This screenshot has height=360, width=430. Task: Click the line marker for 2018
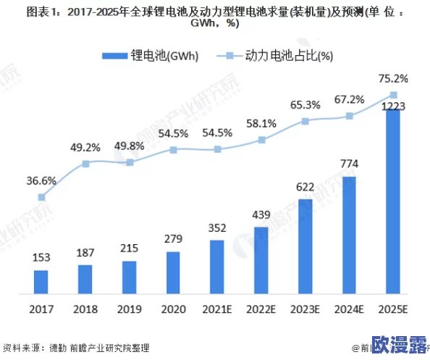[x=85, y=164]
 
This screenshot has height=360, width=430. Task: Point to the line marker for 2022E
[x=261, y=141]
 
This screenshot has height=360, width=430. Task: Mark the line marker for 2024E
[x=349, y=116]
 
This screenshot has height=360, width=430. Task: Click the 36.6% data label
[x=41, y=180]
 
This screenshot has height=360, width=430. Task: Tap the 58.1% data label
[x=261, y=124]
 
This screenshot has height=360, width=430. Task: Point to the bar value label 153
[x=41, y=258]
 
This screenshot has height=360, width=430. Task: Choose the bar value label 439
[x=261, y=215]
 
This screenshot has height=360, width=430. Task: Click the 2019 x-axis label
[x=130, y=309]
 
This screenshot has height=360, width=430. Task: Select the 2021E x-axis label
[x=217, y=309]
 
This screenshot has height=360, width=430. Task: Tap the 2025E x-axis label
[x=393, y=309]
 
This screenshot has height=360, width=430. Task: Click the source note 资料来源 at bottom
[x=22, y=348]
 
